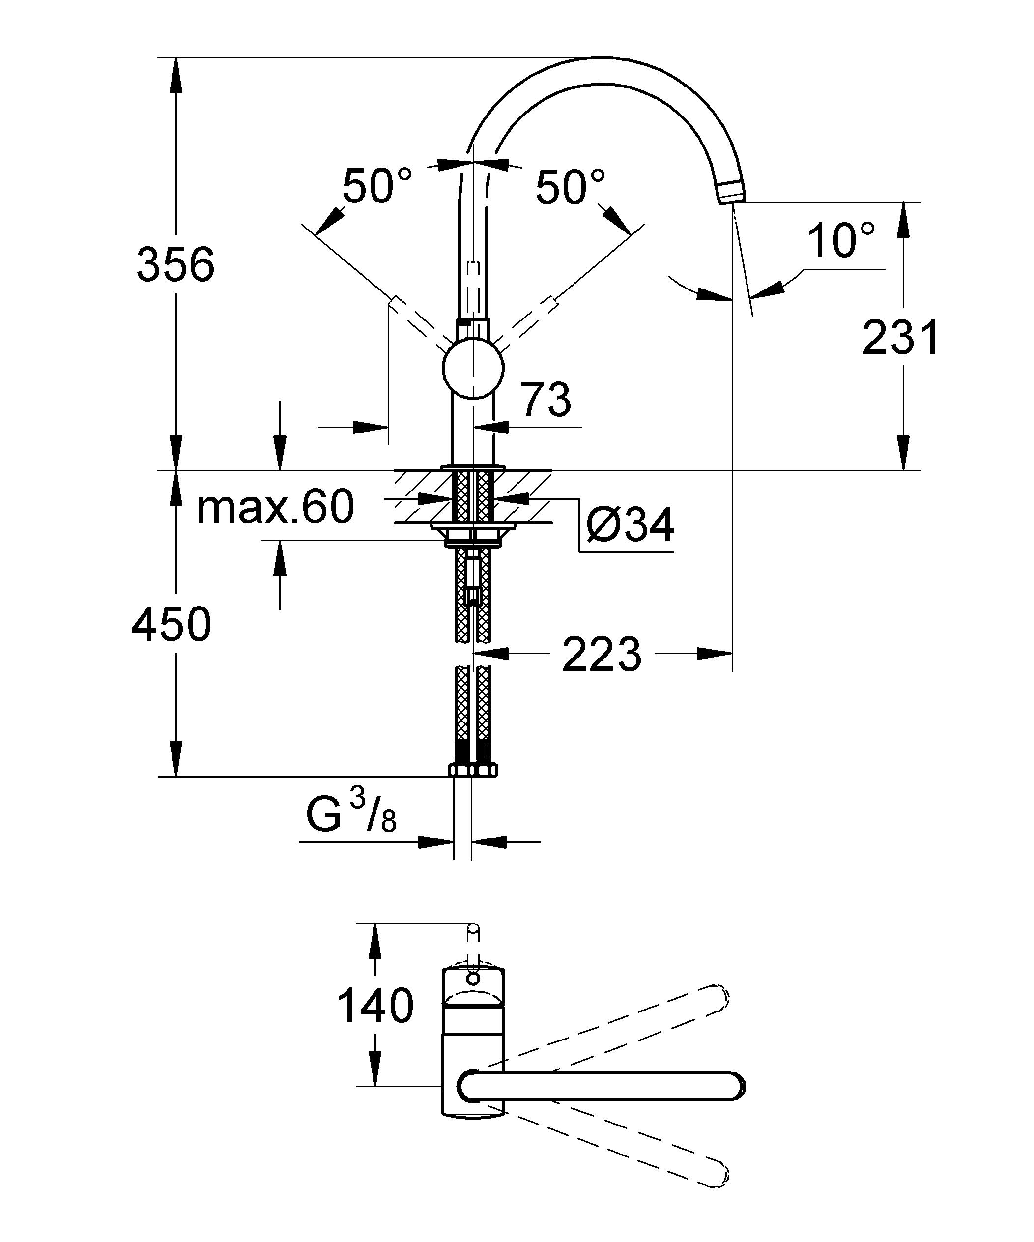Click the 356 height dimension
point(175,264)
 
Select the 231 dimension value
point(900,338)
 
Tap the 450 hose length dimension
point(171,625)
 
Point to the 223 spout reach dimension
point(602,655)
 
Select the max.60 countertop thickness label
point(275,507)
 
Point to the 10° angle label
point(840,241)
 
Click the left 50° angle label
point(377,186)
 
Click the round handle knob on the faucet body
point(473,369)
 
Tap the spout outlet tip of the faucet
point(731,193)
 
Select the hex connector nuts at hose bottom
point(473,770)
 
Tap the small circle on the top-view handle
point(473,978)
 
